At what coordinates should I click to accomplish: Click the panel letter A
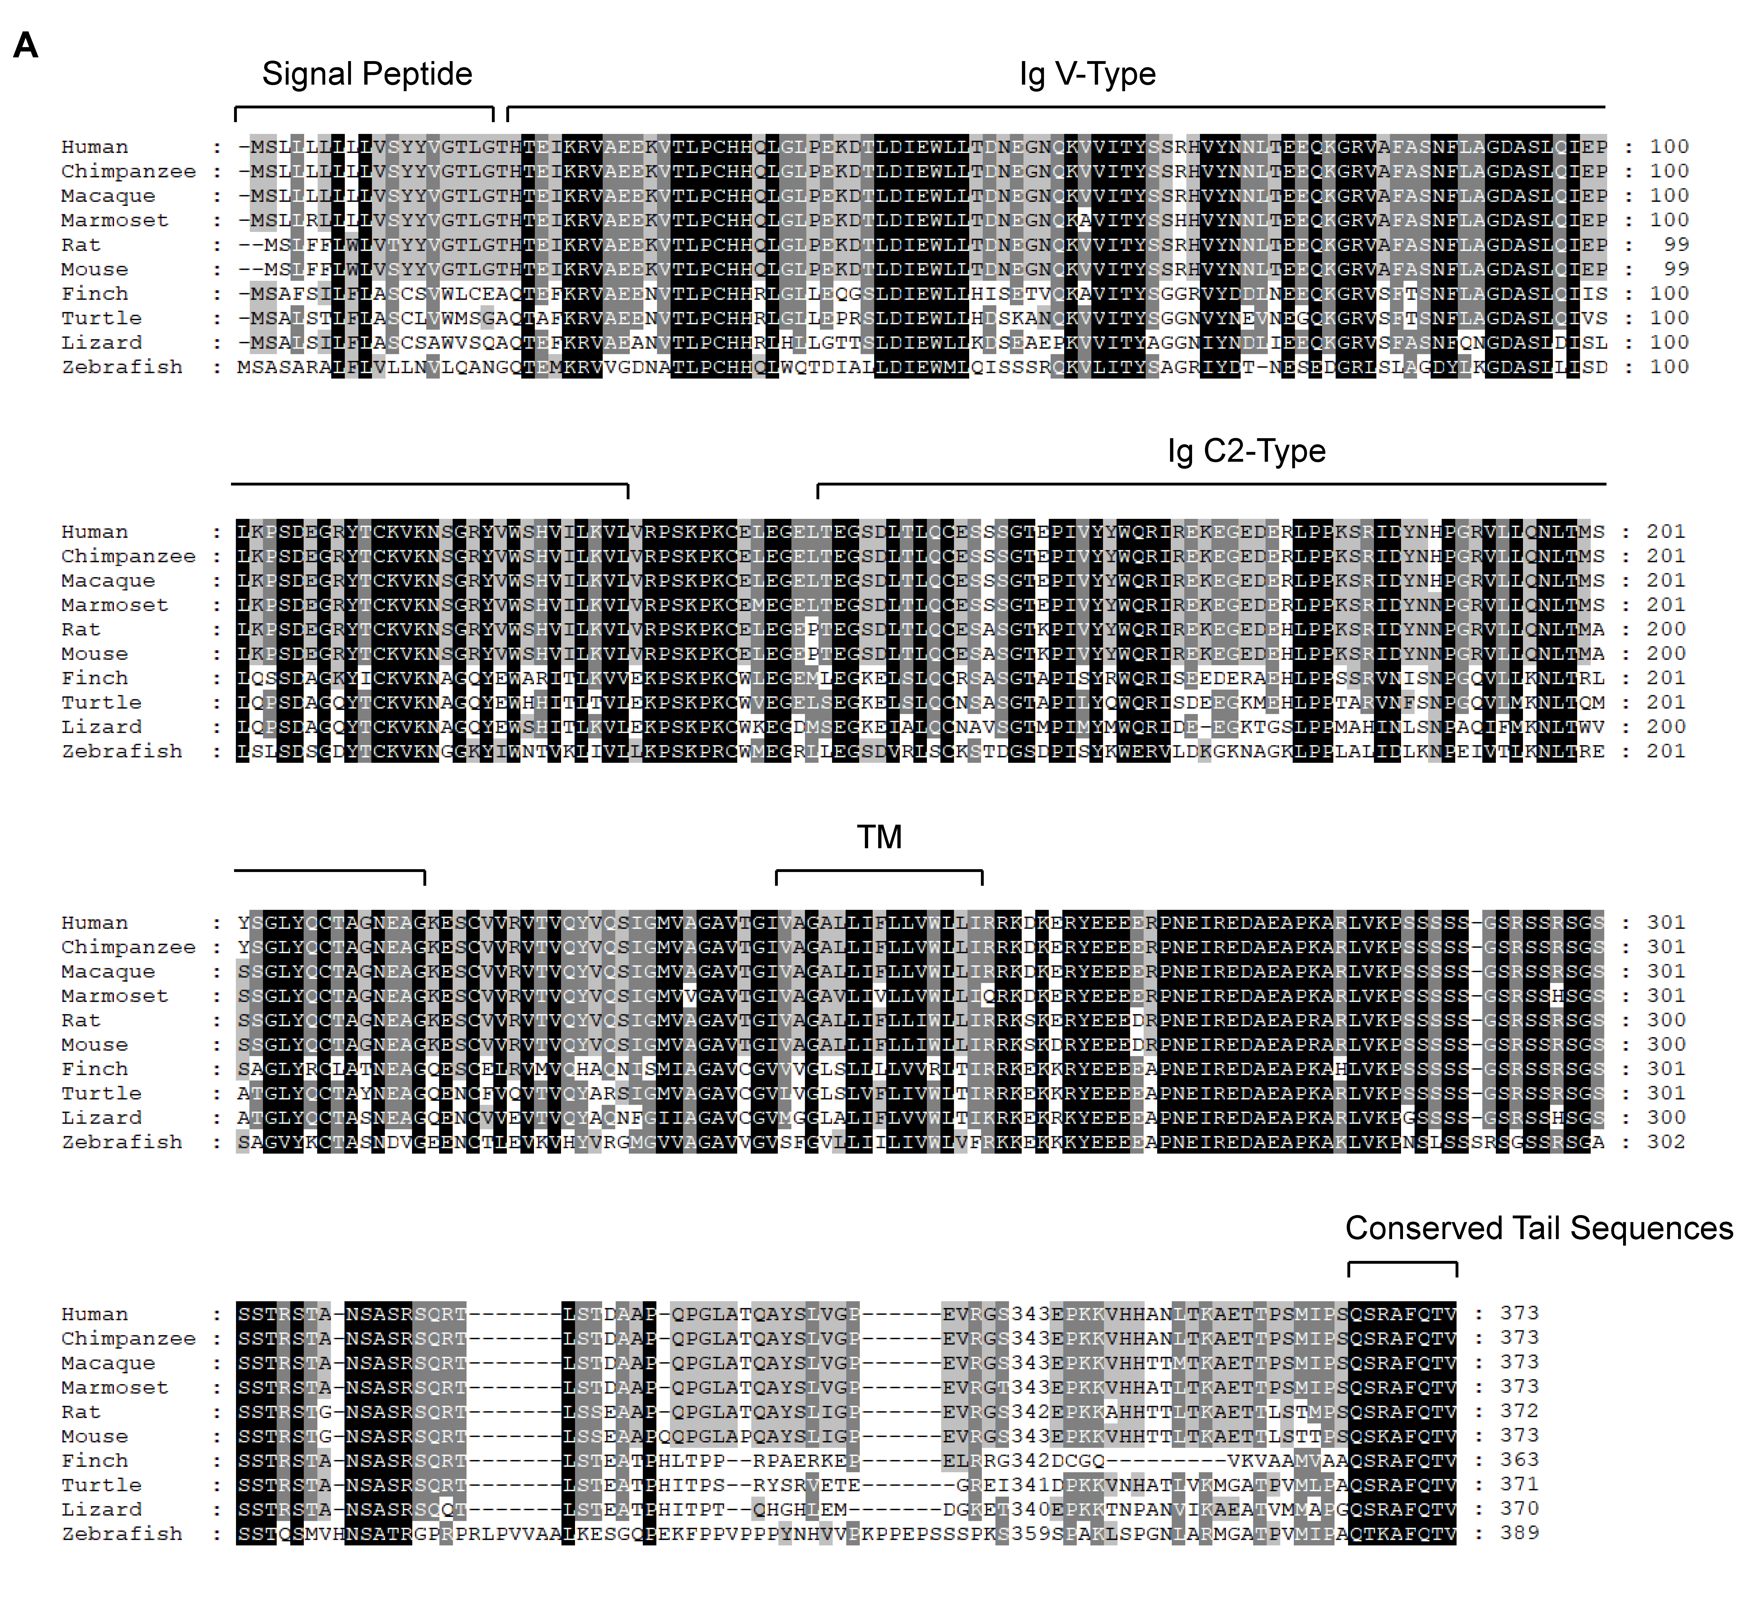(x=26, y=45)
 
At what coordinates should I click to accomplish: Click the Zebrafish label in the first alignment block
(x=122, y=368)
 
